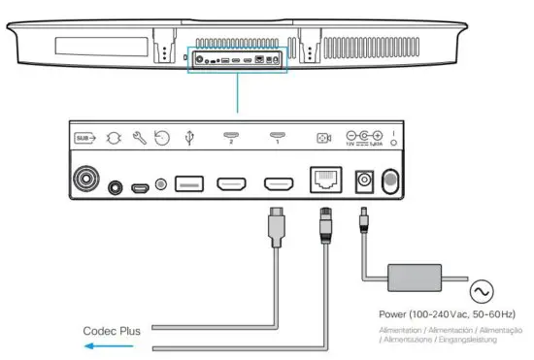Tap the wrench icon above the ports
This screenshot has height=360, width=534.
138,138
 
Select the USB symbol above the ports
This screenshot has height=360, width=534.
189,138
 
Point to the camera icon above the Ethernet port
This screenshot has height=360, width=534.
323,138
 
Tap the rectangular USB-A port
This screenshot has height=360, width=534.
189,183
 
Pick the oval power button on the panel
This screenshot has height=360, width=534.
391,181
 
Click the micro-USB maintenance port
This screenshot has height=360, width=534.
140,184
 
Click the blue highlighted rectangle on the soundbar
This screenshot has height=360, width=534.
238,58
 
